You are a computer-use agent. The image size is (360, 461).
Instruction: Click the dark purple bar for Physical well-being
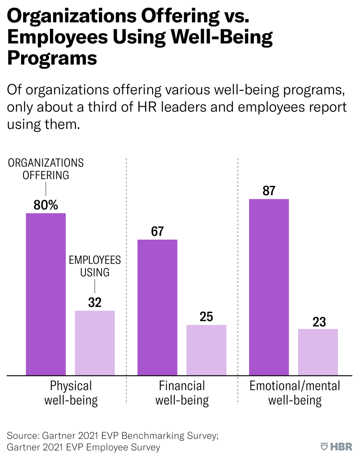tap(46, 294)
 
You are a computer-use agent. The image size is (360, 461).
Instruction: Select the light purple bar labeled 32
tap(95, 343)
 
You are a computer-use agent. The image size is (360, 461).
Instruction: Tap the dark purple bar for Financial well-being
tap(157, 307)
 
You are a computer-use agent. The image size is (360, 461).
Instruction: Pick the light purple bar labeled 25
tap(206, 350)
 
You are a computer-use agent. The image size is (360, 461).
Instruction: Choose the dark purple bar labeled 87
tap(269, 287)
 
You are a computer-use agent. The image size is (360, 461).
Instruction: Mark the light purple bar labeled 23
tap(318, 352)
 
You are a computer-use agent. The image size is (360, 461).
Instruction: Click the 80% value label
tap(46, 205)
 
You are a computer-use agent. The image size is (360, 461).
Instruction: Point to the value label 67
tap(157, 231)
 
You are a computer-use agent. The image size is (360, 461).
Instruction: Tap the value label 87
tap(269, 191)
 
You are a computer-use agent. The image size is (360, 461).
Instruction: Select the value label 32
tap(95, 303)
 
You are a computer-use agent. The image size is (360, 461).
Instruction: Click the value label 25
tap(206, 317)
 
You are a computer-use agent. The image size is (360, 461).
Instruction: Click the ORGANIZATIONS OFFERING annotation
tap(46, 169)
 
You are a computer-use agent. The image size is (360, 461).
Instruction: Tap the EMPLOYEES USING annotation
tap(95, 266)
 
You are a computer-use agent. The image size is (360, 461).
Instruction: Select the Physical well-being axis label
tap(71, 393)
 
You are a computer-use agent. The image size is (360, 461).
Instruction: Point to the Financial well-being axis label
tap(182, 393)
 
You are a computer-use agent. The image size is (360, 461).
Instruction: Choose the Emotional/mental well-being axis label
tap(295, 393)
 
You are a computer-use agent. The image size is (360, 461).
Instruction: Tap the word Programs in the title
tap(52, 59)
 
